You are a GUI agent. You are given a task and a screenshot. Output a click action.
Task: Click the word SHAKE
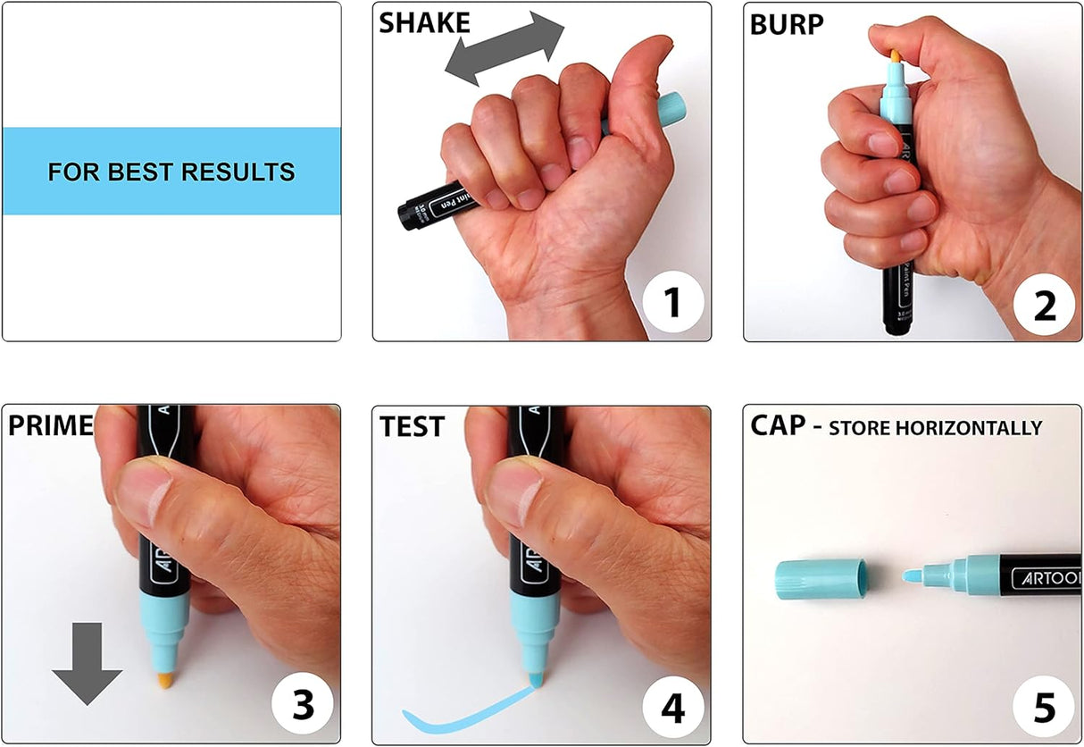click(x=424, y=22)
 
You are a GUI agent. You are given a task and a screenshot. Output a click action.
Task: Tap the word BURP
click(x=787, y=25)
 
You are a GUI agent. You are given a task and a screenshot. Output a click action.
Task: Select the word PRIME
click(x=51, y=425)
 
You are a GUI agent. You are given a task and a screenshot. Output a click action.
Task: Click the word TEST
click(x=412, y=426)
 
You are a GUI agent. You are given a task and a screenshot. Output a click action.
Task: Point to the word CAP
click(x=778, y=425)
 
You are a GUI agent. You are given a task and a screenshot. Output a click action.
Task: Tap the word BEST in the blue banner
click(x=140, y=172)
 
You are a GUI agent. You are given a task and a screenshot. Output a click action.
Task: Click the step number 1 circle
click(x=672, y=302)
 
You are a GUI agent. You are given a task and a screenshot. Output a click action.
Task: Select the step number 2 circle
click(x=1044, y=305)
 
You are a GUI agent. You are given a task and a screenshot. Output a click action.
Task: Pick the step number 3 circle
click(x=303, y=704)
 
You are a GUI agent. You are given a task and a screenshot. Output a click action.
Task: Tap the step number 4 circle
click(x=673, y=708)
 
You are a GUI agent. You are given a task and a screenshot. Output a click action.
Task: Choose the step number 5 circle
click(x=1044, y=706)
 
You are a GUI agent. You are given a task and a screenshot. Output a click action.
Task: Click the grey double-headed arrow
click(x=504, y=49)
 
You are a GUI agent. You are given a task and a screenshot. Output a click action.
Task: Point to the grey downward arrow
click(x=88, y=664)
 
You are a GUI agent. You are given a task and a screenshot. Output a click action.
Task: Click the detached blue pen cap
click(x=821, y=578)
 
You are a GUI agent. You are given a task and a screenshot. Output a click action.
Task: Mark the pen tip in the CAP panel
click(x=913, y=576)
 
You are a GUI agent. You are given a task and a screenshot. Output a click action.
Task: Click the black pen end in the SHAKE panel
click(x=409, y=214)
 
